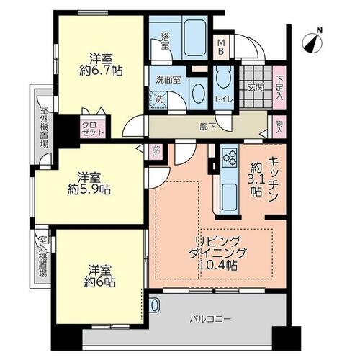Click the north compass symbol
point(312,43)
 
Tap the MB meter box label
point(221,48)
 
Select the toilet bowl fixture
point(223,79)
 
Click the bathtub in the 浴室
point(196,37)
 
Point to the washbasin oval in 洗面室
point(199,94)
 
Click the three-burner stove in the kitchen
point(230,158)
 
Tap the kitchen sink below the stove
point(230,197)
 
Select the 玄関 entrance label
point(256,88)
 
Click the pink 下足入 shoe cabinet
point(279,87)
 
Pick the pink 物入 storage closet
point(279,127)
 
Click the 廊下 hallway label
point(208,127)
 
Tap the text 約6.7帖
point(101,71)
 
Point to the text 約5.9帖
point(89,189)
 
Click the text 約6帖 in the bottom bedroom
point(99,282)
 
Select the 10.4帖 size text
point(218,266)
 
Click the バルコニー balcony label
point(210,319)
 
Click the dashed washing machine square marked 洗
point(158,99)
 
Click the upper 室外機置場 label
point(44,127)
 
